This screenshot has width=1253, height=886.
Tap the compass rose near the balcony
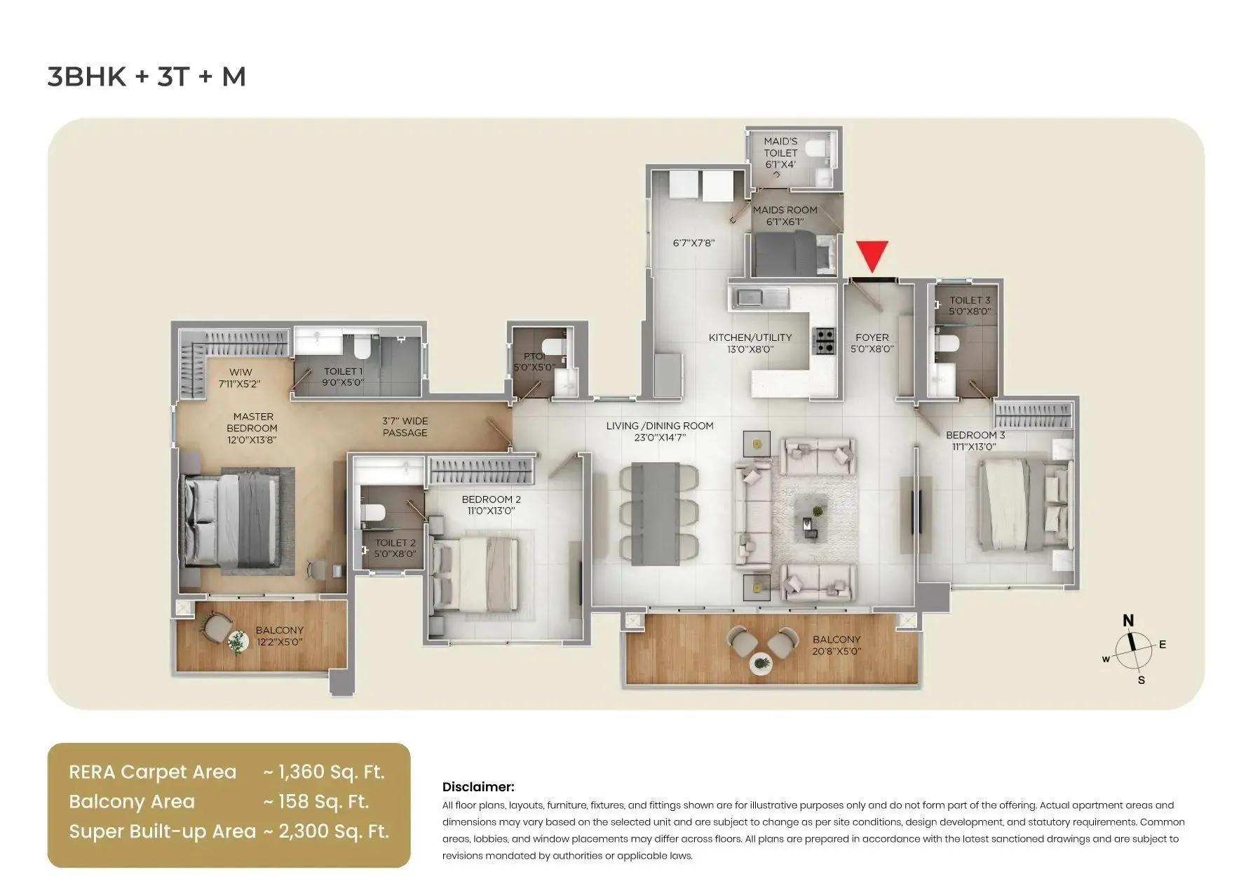(x=1133, y=651)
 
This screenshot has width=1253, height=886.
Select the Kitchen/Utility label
(x=750, y=338)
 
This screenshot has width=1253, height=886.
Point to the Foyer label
(x=872, y=337)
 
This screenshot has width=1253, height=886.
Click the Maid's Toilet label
(x=780, y=147)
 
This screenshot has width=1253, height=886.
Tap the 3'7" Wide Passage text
(x=405, y=427)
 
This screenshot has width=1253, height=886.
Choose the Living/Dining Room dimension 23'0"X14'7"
(x=655, y=438)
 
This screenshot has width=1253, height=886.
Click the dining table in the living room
(x=655, y=514)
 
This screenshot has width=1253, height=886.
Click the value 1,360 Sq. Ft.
(x=331, y=772)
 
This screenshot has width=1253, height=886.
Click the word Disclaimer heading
(x=478, y=787)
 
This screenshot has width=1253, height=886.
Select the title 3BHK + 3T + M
(x=147, y=76)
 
